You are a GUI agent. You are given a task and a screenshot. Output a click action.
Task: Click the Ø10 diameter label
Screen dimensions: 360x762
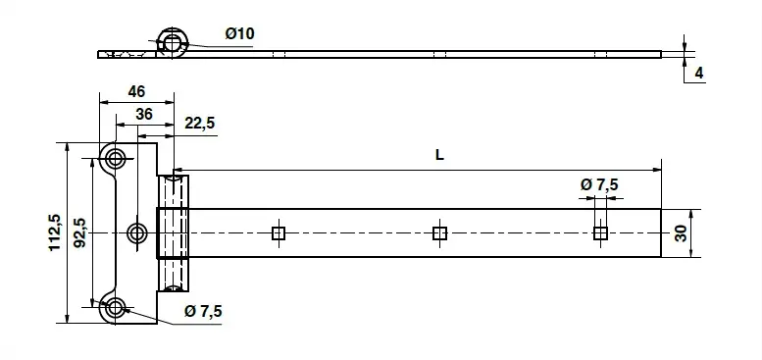point(239,33)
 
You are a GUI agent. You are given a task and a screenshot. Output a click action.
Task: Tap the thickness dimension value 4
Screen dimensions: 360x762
point(698,74)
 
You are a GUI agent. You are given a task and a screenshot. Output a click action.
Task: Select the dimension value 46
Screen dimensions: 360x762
point(136,91)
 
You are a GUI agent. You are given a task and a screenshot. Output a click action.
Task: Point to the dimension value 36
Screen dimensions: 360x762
point(143,115)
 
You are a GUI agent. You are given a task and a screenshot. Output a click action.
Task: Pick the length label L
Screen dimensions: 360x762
point(438,155)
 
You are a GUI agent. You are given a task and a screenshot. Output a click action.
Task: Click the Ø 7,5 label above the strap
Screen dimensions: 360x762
point(599,184)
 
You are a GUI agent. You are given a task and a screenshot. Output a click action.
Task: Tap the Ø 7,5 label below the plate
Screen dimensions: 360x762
point(203,311)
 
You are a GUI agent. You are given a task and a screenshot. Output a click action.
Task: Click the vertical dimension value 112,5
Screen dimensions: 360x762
point(56,232)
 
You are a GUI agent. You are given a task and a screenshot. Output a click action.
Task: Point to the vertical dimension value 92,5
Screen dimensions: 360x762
point(78,232)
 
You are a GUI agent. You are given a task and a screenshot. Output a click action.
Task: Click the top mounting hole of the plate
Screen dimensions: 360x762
point(117,159)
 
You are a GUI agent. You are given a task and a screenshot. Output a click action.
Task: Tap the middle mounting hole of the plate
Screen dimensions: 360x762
point(137,232)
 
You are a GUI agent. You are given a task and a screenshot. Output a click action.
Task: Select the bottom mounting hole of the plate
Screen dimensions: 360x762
point(117,307)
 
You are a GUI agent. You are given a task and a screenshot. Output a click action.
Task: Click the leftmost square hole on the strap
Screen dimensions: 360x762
point(278,232)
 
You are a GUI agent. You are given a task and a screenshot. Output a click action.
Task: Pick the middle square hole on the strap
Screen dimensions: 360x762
point(438,232)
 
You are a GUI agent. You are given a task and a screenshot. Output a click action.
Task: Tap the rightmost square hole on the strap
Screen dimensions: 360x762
point(599,232)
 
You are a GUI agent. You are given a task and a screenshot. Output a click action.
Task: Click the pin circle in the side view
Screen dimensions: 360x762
point(174,41)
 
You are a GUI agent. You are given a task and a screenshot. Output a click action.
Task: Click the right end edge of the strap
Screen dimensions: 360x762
point(662,232)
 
